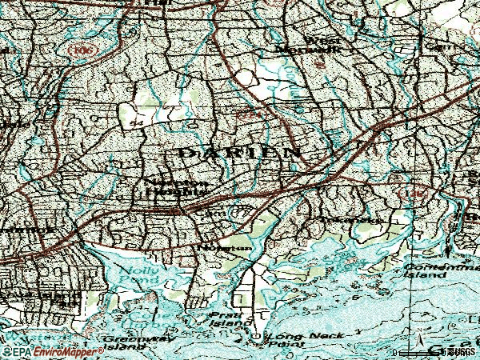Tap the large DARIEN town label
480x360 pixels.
pyautogui.click(x=241, y=151)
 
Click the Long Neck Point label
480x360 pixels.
pyautogui.click(x=305, y=340)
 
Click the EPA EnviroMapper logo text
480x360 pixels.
pyautogui.click(x=48, y=351)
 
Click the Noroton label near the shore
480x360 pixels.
pyautogui.click(x=230, y=247)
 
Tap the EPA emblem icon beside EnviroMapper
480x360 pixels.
pyautogui.click(x=8, y=351)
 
